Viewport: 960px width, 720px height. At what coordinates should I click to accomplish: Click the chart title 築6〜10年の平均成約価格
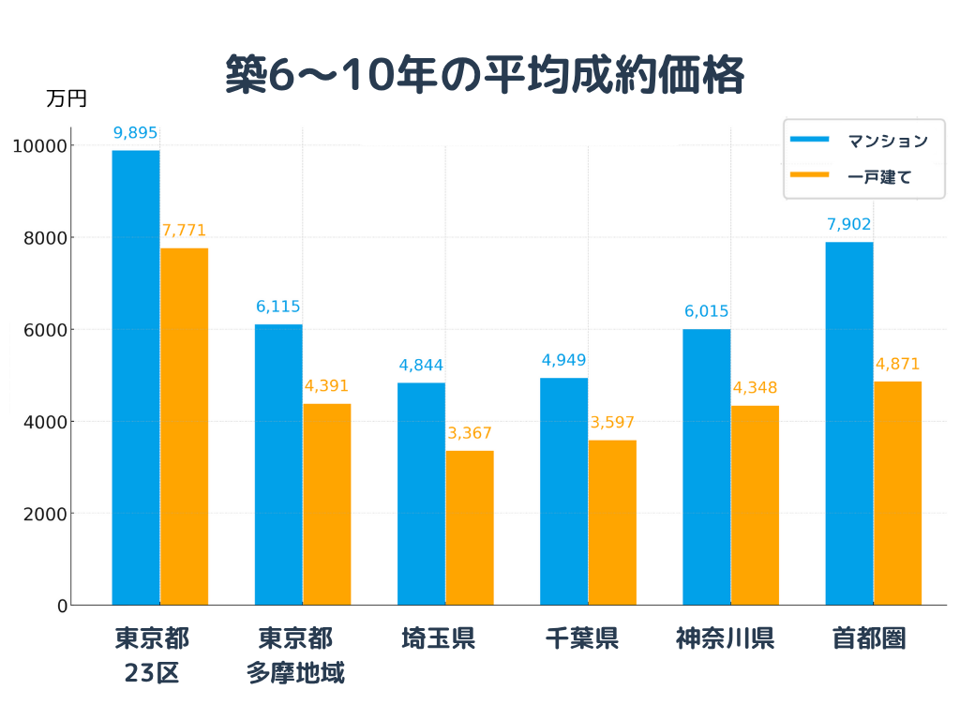click(x=485, y=75)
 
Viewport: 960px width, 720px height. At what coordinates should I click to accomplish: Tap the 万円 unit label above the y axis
click(x=66, y=98)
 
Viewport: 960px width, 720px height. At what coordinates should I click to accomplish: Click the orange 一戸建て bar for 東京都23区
click(x=185, y=427)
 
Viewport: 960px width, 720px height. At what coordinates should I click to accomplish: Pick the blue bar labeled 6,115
click(x=278, y=465)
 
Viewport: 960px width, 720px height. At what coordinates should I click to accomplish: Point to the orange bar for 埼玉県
click(x=470, y=528)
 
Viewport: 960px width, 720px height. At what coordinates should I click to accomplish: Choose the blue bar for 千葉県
click(x=564, y=491)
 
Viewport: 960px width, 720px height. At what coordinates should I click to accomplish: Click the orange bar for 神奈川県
click(x=755, y=505)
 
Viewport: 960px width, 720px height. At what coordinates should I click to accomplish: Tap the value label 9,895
click(x=136, y=133)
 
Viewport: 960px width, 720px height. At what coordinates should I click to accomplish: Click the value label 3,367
click(x=470, y=433)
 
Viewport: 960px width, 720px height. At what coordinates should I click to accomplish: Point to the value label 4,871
click(x=897, y=364)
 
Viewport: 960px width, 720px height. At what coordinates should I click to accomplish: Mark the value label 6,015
click(x=706, y=312)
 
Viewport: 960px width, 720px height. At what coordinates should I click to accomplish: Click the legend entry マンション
click(x=887, y=141)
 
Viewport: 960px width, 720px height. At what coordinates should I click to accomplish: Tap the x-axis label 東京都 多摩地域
click(x=295, y=655)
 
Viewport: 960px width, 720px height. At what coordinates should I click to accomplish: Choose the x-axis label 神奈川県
click(x=725, y=638)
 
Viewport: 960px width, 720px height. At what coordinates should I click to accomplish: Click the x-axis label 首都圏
click(x=868, y=638)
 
